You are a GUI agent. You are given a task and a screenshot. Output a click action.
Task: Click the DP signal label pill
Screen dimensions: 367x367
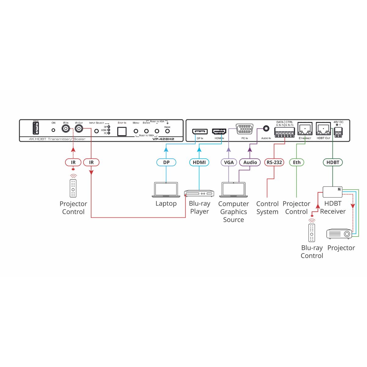pyautogui.click(x=166, y=162)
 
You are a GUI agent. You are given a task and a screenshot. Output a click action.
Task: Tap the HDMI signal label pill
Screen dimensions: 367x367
pyautogui.click(x=199, y=162)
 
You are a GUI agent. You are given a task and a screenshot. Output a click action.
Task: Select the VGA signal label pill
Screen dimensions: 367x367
pyautogui.click(x=229, y=162)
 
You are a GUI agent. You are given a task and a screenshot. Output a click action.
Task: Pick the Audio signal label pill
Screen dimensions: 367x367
pyautogui.click(x=250, y=162)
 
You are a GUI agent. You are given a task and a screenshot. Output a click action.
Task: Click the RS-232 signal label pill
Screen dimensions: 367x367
pyautogui.click(x=274, y=162)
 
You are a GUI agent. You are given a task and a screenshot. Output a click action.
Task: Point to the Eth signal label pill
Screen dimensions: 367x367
pyautogui.click(x=297, y=162)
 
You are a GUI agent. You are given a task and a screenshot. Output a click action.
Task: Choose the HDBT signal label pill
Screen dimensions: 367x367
pyautogui.click(x=333, y=162)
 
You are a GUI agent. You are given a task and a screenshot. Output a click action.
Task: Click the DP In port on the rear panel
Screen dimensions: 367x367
pyautogui.click(x=200, y=132)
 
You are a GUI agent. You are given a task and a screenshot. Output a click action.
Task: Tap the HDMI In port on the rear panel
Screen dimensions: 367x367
pyautogui.click(x=219, y=132)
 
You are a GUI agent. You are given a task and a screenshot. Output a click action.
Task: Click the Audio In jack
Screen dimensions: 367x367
pyautogui.click(x=266, y=129)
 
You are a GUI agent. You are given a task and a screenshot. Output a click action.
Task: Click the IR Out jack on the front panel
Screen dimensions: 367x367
pyautogui.click(x=79, y=129)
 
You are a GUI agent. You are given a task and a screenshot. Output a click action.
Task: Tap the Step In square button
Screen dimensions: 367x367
pyautogui.click(x=122, y=131)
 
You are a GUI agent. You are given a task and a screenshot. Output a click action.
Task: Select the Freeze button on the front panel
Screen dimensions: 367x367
pyautogui.click(x=167, y=131)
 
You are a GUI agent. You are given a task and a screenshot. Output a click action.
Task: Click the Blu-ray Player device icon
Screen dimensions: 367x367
pyautogui.click(x=199, y=194)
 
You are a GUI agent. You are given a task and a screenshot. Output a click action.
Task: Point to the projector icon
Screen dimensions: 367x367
pyautogui.click(x=339, y=234)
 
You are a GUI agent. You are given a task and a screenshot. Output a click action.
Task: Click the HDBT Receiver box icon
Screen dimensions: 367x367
pyautogui.click(x=333, y=192)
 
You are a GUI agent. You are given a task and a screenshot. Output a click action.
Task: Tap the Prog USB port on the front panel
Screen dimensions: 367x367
pyautogui.click(x=36, y=128)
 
